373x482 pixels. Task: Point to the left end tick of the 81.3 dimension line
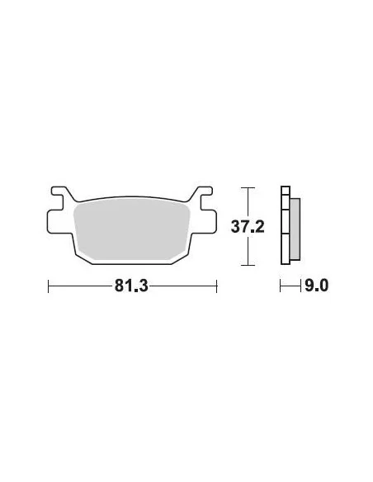(x=49, y=286)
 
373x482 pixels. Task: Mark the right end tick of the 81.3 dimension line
(x=216, y=286)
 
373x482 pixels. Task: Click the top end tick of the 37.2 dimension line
(x=243, y=187)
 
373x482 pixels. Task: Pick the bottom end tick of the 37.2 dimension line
(x=243, y=265)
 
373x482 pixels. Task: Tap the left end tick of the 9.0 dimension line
(x=281, y=286)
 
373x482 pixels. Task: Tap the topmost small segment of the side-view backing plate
(x=286, y=192)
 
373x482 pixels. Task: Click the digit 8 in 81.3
(x=120, y=286)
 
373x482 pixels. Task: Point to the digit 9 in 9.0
(x=310, y=286)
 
